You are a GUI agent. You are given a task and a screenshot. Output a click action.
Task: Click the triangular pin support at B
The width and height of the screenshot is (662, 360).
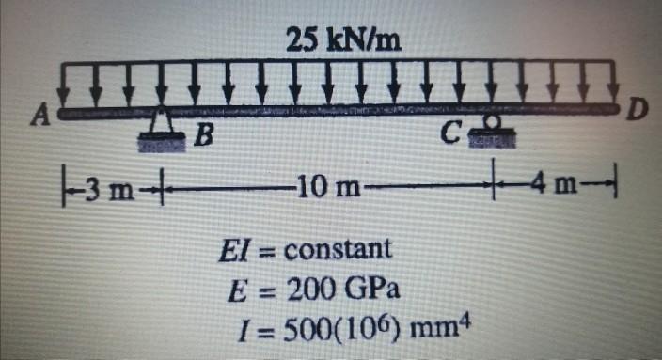pyautogui.click(x=164, y=128)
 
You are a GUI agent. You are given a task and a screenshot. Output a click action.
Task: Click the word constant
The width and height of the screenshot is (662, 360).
pyautogui.click(x=338, y=250)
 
